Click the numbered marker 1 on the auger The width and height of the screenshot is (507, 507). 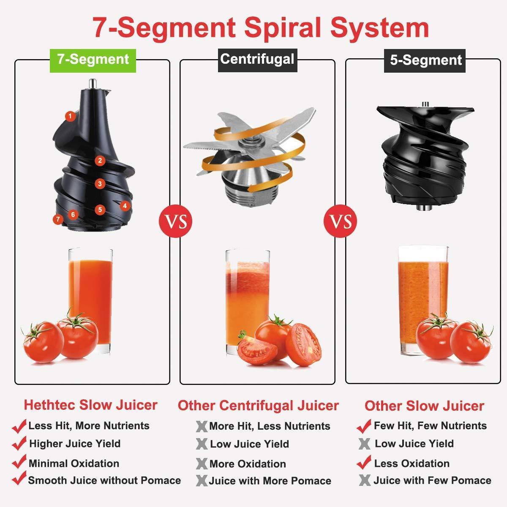(x=70, y=116)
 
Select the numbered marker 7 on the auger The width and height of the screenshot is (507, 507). (x=58, y=219)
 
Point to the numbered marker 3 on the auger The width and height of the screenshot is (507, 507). (x=100, y=184)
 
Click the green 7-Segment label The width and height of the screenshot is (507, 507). (x=93, y=60)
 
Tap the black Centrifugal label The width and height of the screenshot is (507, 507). (x=258, y=60)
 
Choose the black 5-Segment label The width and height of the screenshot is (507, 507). (x=425, y=60)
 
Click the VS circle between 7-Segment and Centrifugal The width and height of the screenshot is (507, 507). (x=175, y=221)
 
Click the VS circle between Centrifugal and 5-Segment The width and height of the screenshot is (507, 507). (x=341, y=221)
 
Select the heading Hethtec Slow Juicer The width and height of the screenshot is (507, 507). (x=90, y=405)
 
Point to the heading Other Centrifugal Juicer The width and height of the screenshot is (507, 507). (x=258, y=406)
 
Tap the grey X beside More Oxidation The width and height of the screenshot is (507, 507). (x=202, y=463)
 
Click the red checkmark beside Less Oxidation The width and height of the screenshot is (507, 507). (x=364, y=462)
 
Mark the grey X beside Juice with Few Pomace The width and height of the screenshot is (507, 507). (x=365, y=480)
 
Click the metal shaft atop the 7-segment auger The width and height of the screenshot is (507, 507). (x=93, y=84)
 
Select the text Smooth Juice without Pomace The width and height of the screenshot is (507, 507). (x=104, y=480)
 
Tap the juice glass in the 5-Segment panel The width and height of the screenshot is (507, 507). (x=423, y=300)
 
